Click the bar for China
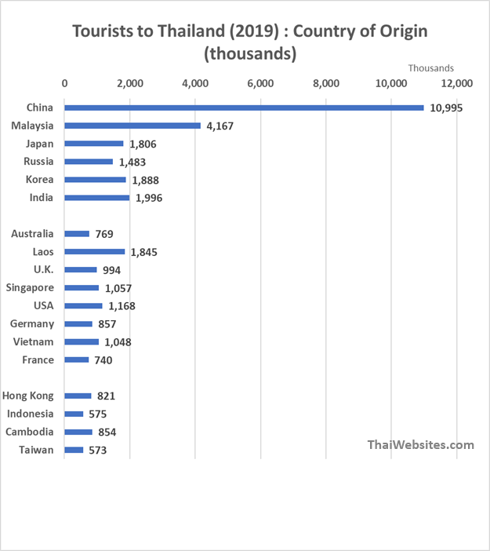click(x=244, y=108)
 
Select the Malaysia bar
click(x=132, y=126)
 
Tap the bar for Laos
click(x=94, y=252)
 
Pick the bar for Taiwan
click(x=74, y=451)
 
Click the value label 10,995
click(x=446, y=108)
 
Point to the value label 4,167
click(x=220, y=126)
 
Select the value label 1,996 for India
click(x=149, y=198)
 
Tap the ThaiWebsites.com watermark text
click(x=421, y=445)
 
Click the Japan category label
click(x=39, y=144)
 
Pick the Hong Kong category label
click(x=29, y=396)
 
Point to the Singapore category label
click(x=30, y=288)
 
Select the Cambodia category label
click(x=30, y=432)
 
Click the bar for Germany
click(x=78, y=324)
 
